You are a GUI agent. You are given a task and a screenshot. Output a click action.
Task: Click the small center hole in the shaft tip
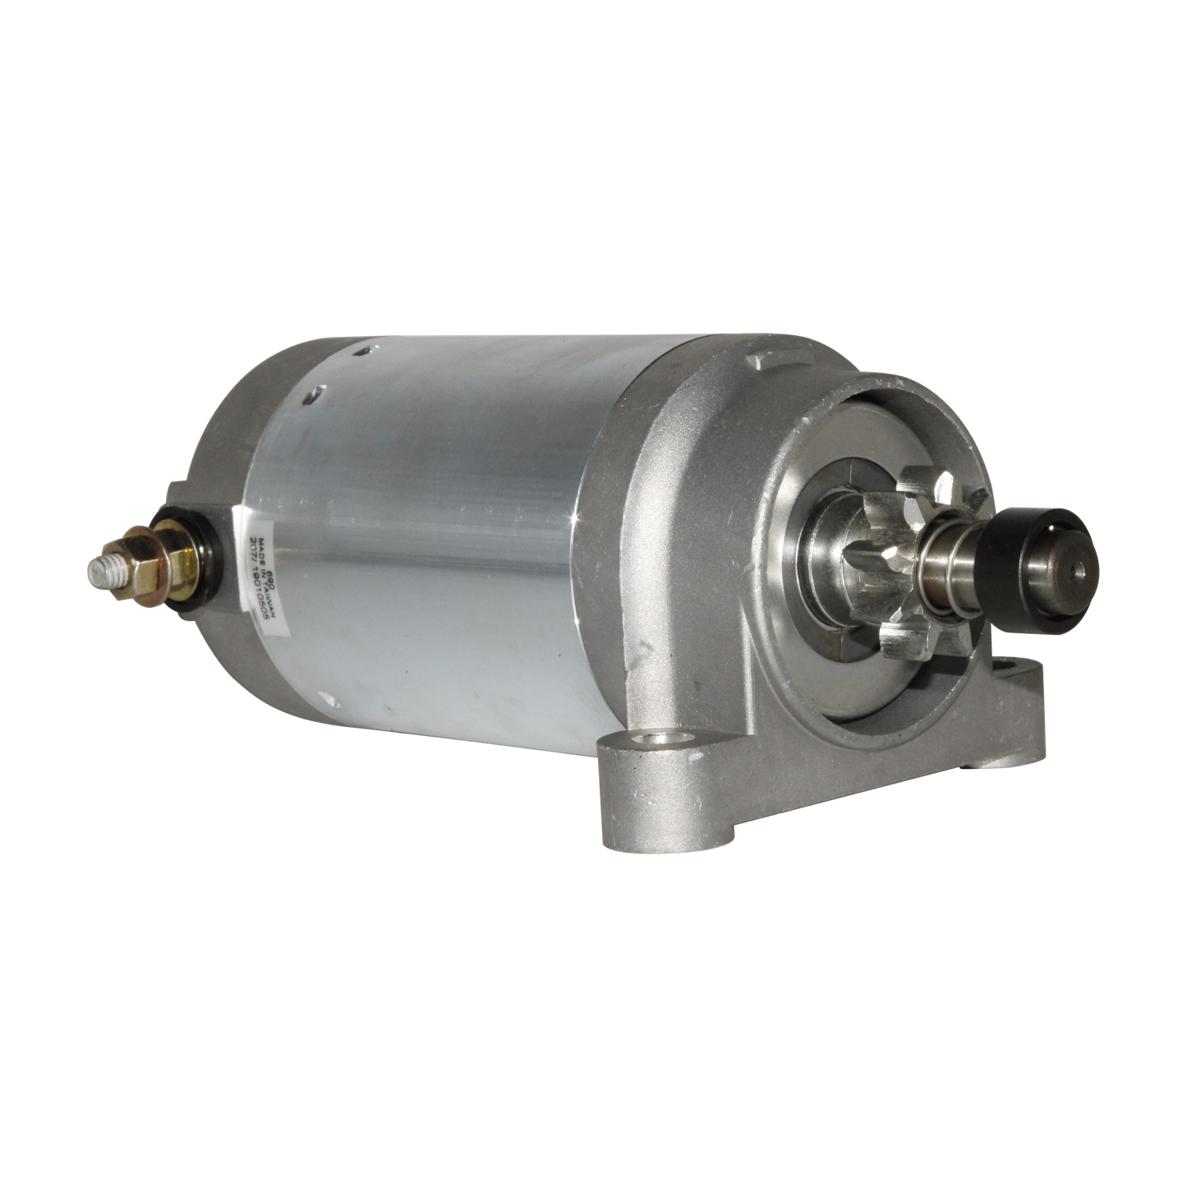click(x=1077, y=567)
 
